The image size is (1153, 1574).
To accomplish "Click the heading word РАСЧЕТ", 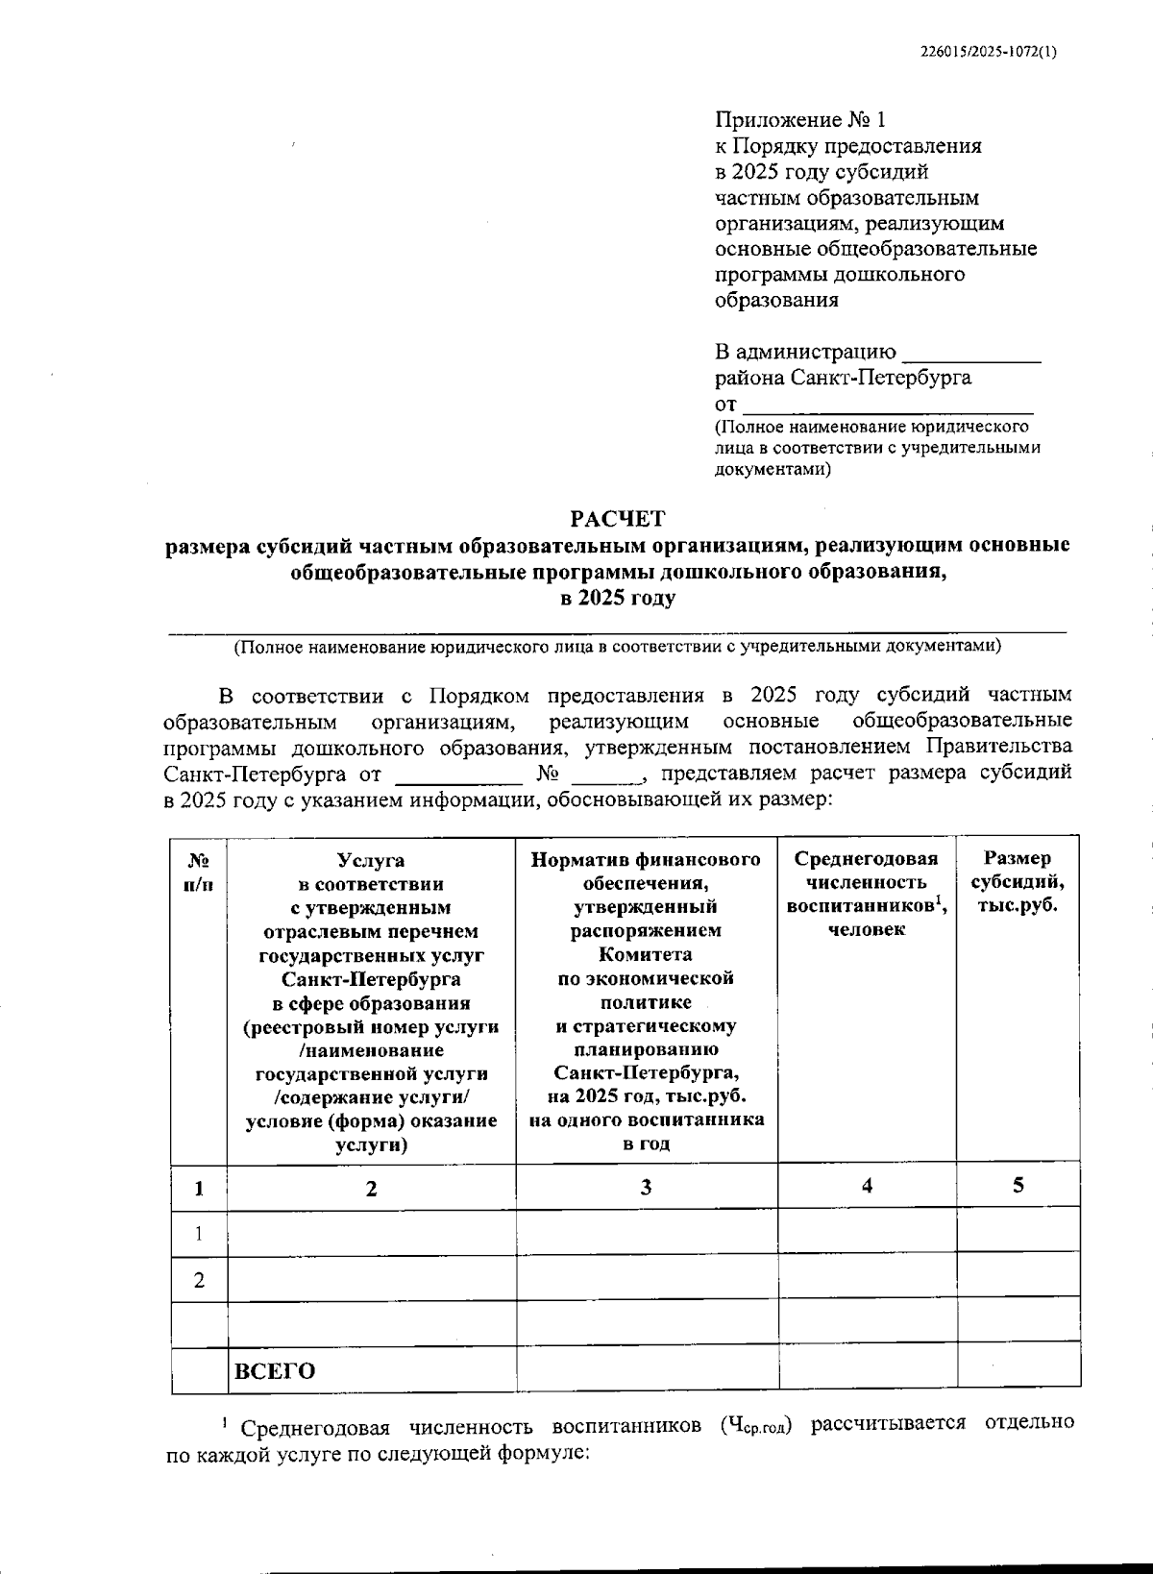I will pyautogui.click(x=618, y=520).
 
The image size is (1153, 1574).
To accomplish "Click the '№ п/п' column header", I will pyautogui.click(x=199, y=871).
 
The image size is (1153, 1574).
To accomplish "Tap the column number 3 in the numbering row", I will pyautogui.click(x=647, y=1187).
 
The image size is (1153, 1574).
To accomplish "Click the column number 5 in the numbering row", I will pyautogui.click(x=1018, y=1185).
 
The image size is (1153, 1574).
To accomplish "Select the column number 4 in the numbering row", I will pyautogui.click(x=867, y=1186).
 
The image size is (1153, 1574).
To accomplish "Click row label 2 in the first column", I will pyautogui.click(x=199, y=1280).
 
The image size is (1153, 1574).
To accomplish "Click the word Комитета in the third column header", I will pyautogui.click(x=646, y=954).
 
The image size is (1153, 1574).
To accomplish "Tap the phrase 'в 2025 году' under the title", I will pyautogui.click(x=618, y=599).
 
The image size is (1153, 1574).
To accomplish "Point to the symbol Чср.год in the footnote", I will pyautogui.click(x=754, y=1426).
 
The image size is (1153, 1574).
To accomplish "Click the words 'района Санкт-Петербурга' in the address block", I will pyautogui.click(x=843, y=378).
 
